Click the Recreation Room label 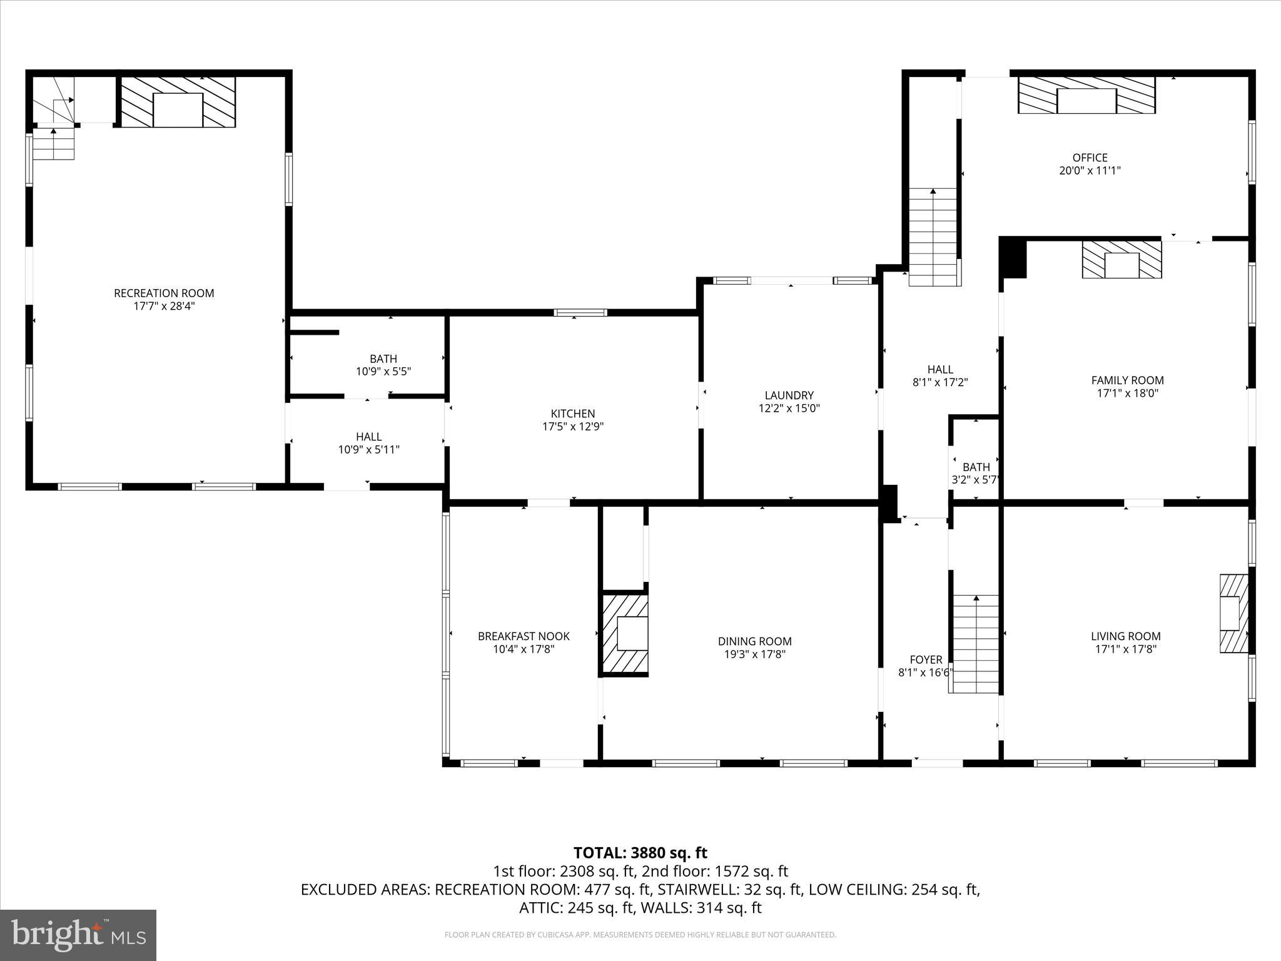pyautogui.click(x=164, y=293)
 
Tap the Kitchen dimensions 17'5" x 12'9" pyautogui.click(x=572, y=427)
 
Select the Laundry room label pyautogui.click(x=789, y=395)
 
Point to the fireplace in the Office pyautogui.click(x=1086, y=96)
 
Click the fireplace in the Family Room pyautogui.click(x=1122, y=260)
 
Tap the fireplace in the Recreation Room pyautogui.click(x=178, y=103)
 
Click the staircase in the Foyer pyautogui.click(x=975, y=644)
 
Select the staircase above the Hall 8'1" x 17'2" pyautogui.click(x=933, y=238)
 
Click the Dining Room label pyautogui.click(x=754, y=641)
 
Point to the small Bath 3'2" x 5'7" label pyautogui.click(x=976, y=467)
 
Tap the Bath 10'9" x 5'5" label pyautogui.click(x=383, y=359)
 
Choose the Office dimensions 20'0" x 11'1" pyautogui.click(x=1090, y=171)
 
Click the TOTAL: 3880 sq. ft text pyautogui.click(x=640, y=853)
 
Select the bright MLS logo pyautogui.click(x=78, y=935)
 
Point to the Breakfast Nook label pyautogui.click(x=524, y=636)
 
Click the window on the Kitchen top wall pyautogui.click(x=580, y=313)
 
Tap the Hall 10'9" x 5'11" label pyautogui.click(x=368, y=437)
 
